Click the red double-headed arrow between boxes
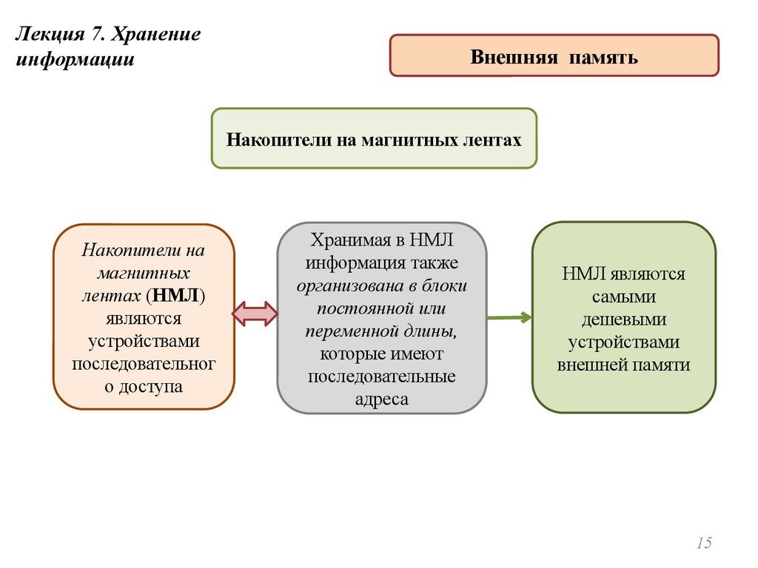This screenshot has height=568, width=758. [x=255, y=314]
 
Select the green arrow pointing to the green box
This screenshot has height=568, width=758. [x=509, y=317]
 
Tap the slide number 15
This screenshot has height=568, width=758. [x=704, y=544]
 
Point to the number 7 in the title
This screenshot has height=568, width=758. [x=98, y=36]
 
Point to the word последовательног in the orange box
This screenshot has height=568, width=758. [x=144, y=364]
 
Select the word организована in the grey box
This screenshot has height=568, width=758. [x=347, y=285]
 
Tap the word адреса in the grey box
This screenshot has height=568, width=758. [x=381, y=399]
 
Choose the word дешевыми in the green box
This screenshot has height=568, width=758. [x=623, y=319]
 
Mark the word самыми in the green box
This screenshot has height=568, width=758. [x=623, y=297]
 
